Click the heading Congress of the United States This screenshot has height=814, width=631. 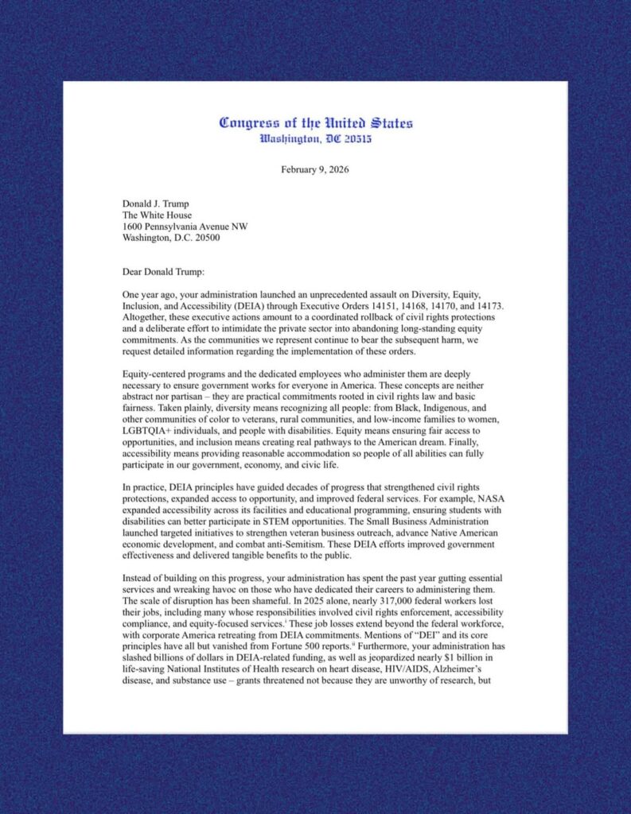click(316, 123)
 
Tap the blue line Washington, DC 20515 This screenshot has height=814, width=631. click(316, 139)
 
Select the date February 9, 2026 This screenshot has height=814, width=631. click(315, 169)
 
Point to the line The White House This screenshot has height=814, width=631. click(157, 215)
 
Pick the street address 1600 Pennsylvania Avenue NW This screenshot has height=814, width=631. click(185, 226)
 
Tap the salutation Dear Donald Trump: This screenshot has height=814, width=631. click(164, 270)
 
